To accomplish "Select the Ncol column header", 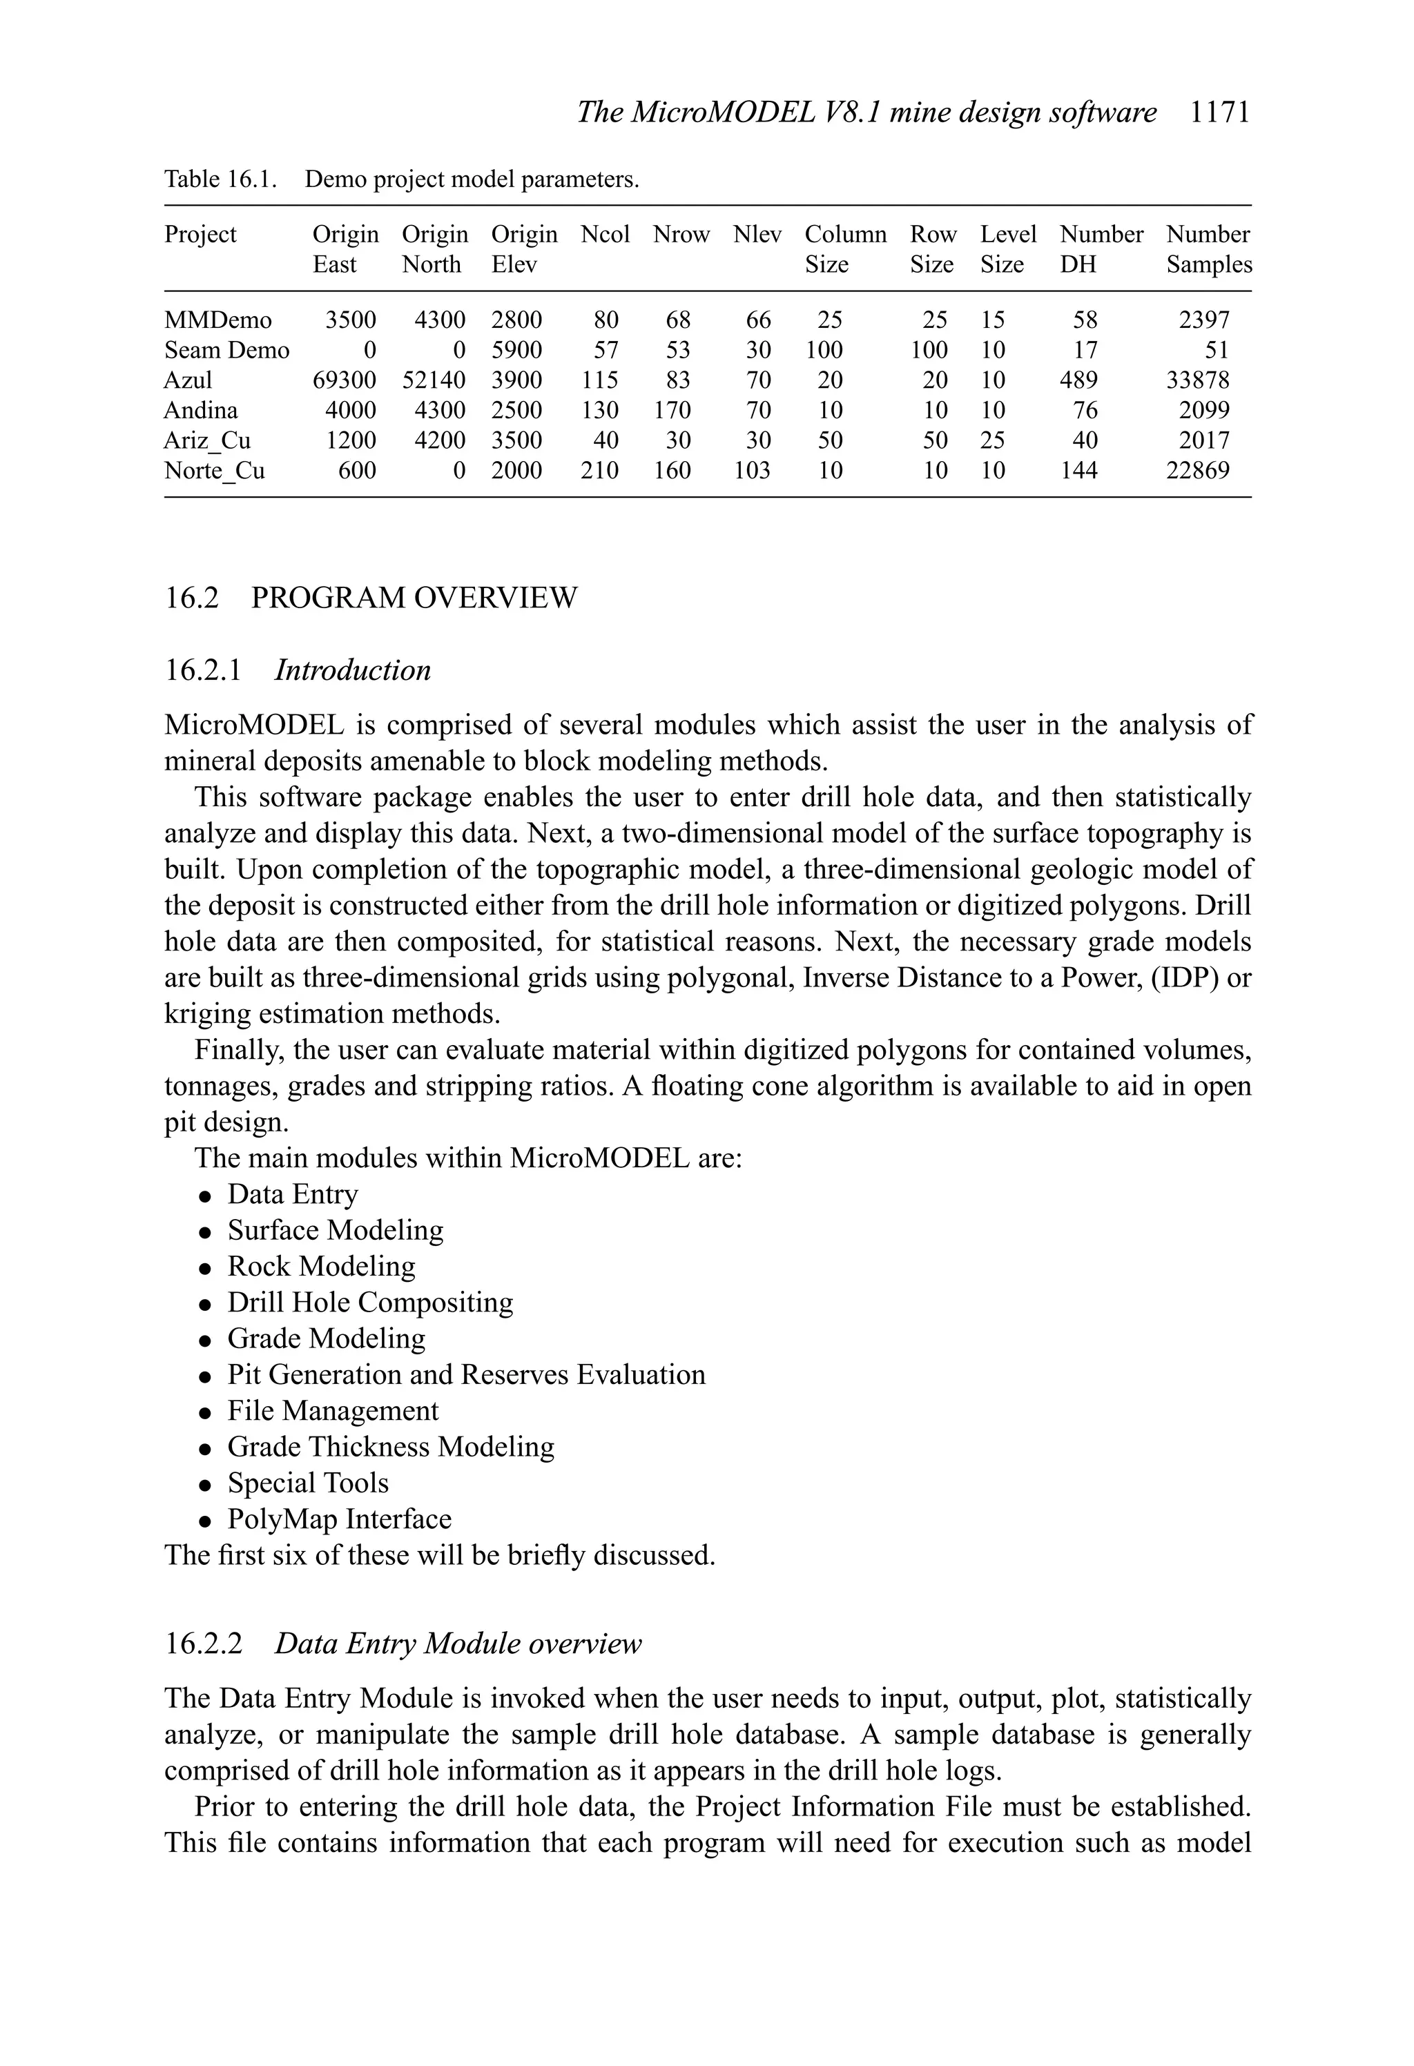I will pyautogui.click(x=605, y=235).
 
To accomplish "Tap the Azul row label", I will pyautogui.click(x=188, y=380).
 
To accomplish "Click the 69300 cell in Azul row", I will pyautogui.click(x=344, y=380).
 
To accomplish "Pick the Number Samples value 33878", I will pyautogui.click(x=1197, y=380).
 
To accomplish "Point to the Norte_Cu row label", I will pyautogui.click(x=214, y=471).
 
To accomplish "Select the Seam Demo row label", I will pyautogui.click(x=226, y=350).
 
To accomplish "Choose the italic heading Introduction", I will pyautogui.click(x=352, y=670).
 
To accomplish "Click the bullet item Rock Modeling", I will pyautogui.click(x=321, y=1267).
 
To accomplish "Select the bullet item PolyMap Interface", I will pyautogui.click(x=339, y=1519).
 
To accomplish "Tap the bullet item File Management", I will pyautogui.click(x=333, y=1411).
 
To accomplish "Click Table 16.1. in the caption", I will pyautogui.click(x=220, y=179).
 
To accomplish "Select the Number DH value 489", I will pyautogui.click(x=1078, y=380).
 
